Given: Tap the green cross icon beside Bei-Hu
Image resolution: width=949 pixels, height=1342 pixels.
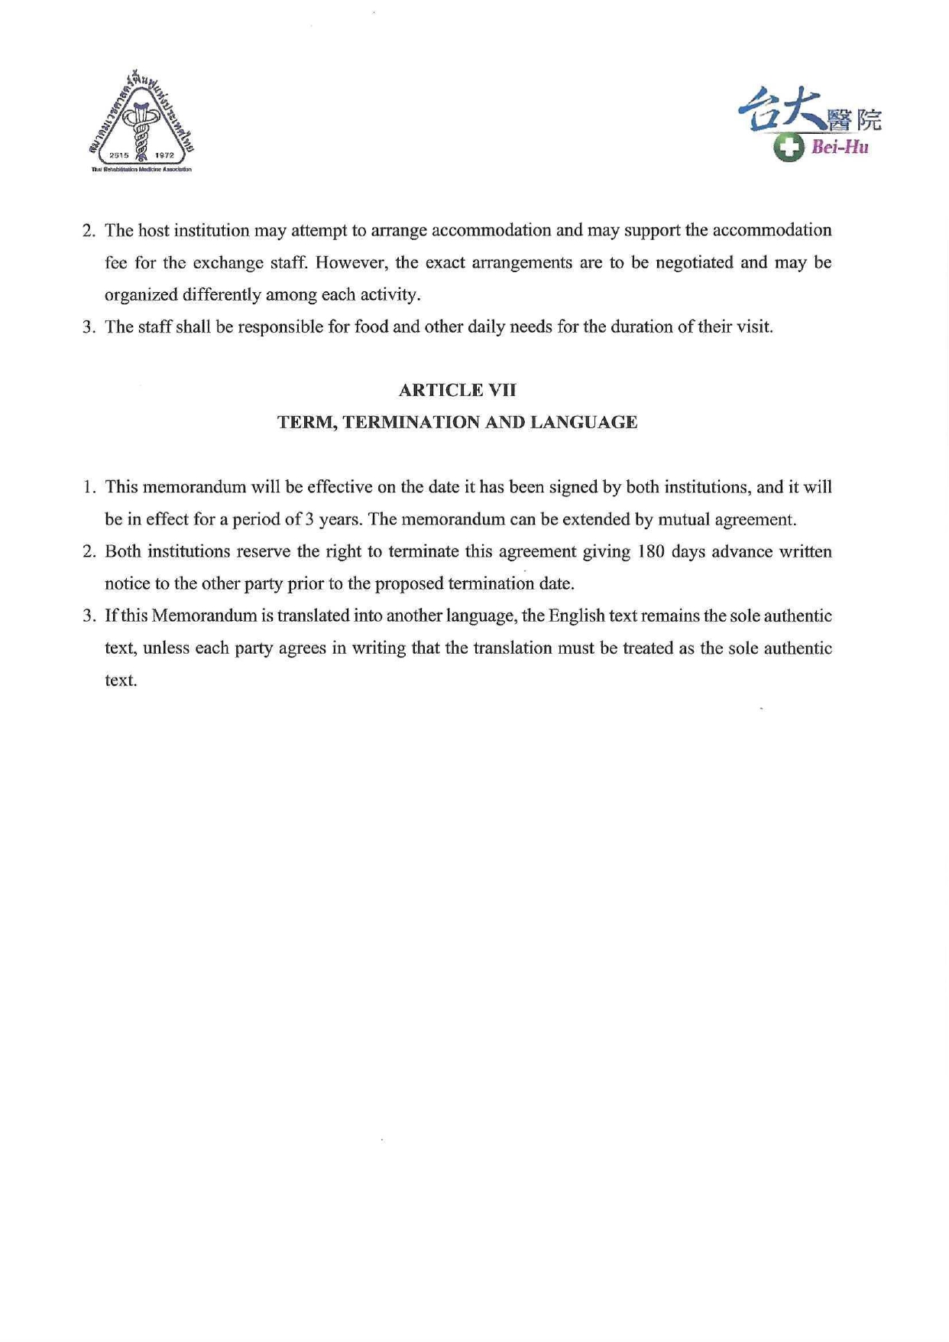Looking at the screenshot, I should point(789,147).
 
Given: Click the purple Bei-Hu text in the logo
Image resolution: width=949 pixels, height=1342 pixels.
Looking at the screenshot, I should point(840,148).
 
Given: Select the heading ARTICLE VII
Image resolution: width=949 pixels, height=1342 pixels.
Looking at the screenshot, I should point(457,390).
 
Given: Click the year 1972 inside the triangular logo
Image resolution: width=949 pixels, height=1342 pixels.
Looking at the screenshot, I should point(164,155).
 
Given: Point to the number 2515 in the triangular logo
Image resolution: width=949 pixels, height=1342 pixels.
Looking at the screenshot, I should point(119,155).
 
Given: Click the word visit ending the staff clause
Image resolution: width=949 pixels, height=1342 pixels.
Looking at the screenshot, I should point(755,327).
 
